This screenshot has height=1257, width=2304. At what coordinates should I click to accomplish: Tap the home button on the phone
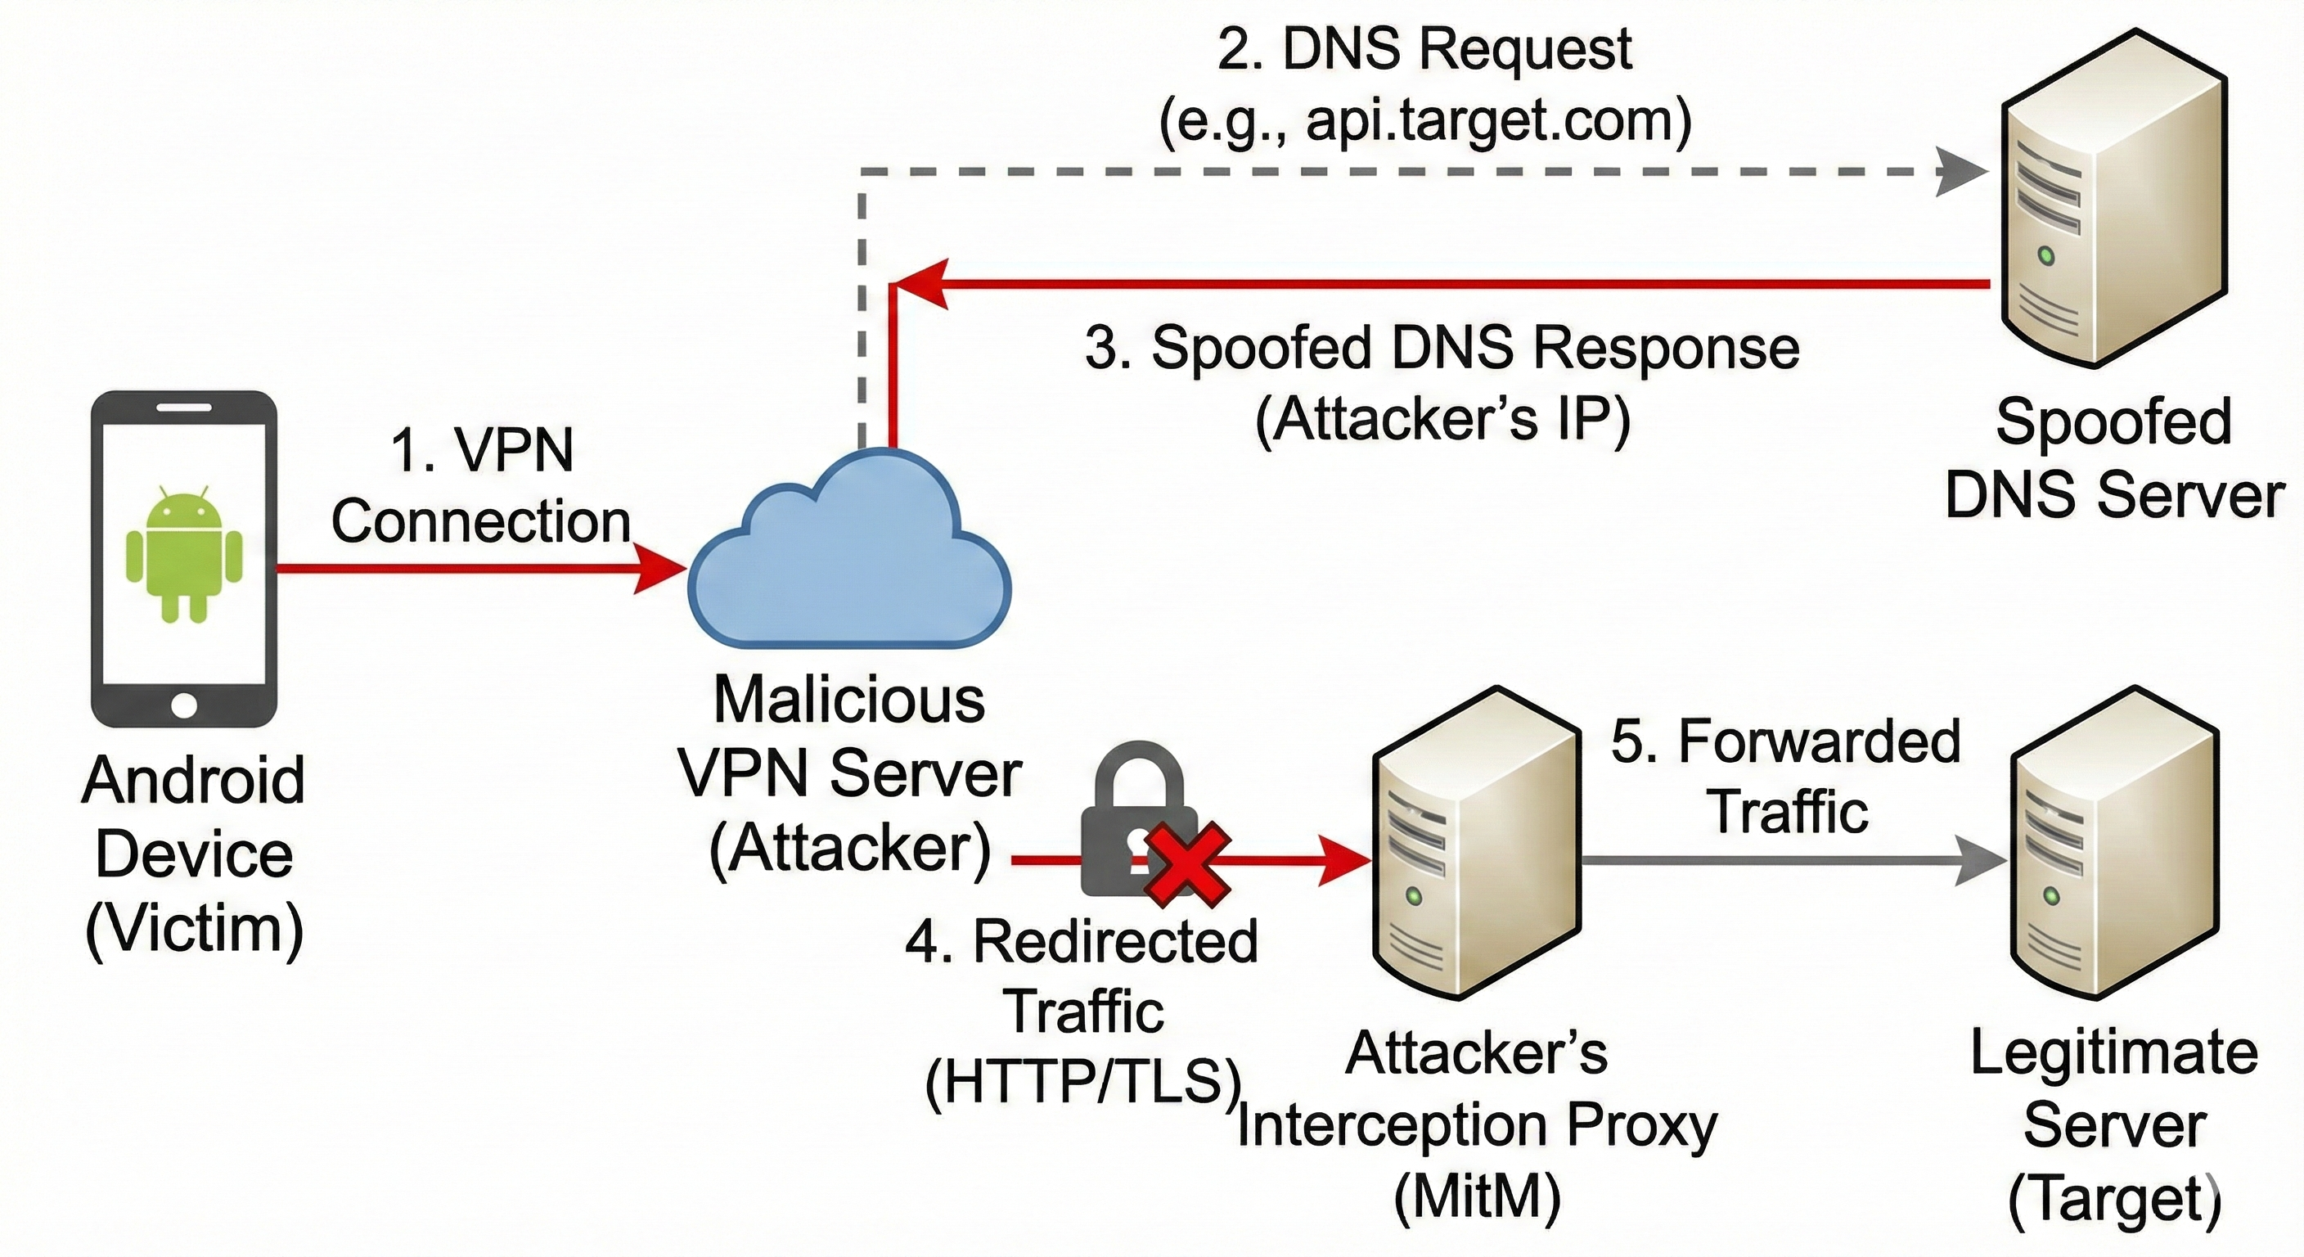pos(184,704)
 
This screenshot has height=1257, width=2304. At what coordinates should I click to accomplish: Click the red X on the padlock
pos(1188,863)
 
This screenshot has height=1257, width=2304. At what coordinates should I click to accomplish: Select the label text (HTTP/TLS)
pos(1084,1083)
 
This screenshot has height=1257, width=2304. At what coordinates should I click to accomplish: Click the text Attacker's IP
pos(1442,418)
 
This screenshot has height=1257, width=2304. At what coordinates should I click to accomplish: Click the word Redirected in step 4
pos(1114,941)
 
